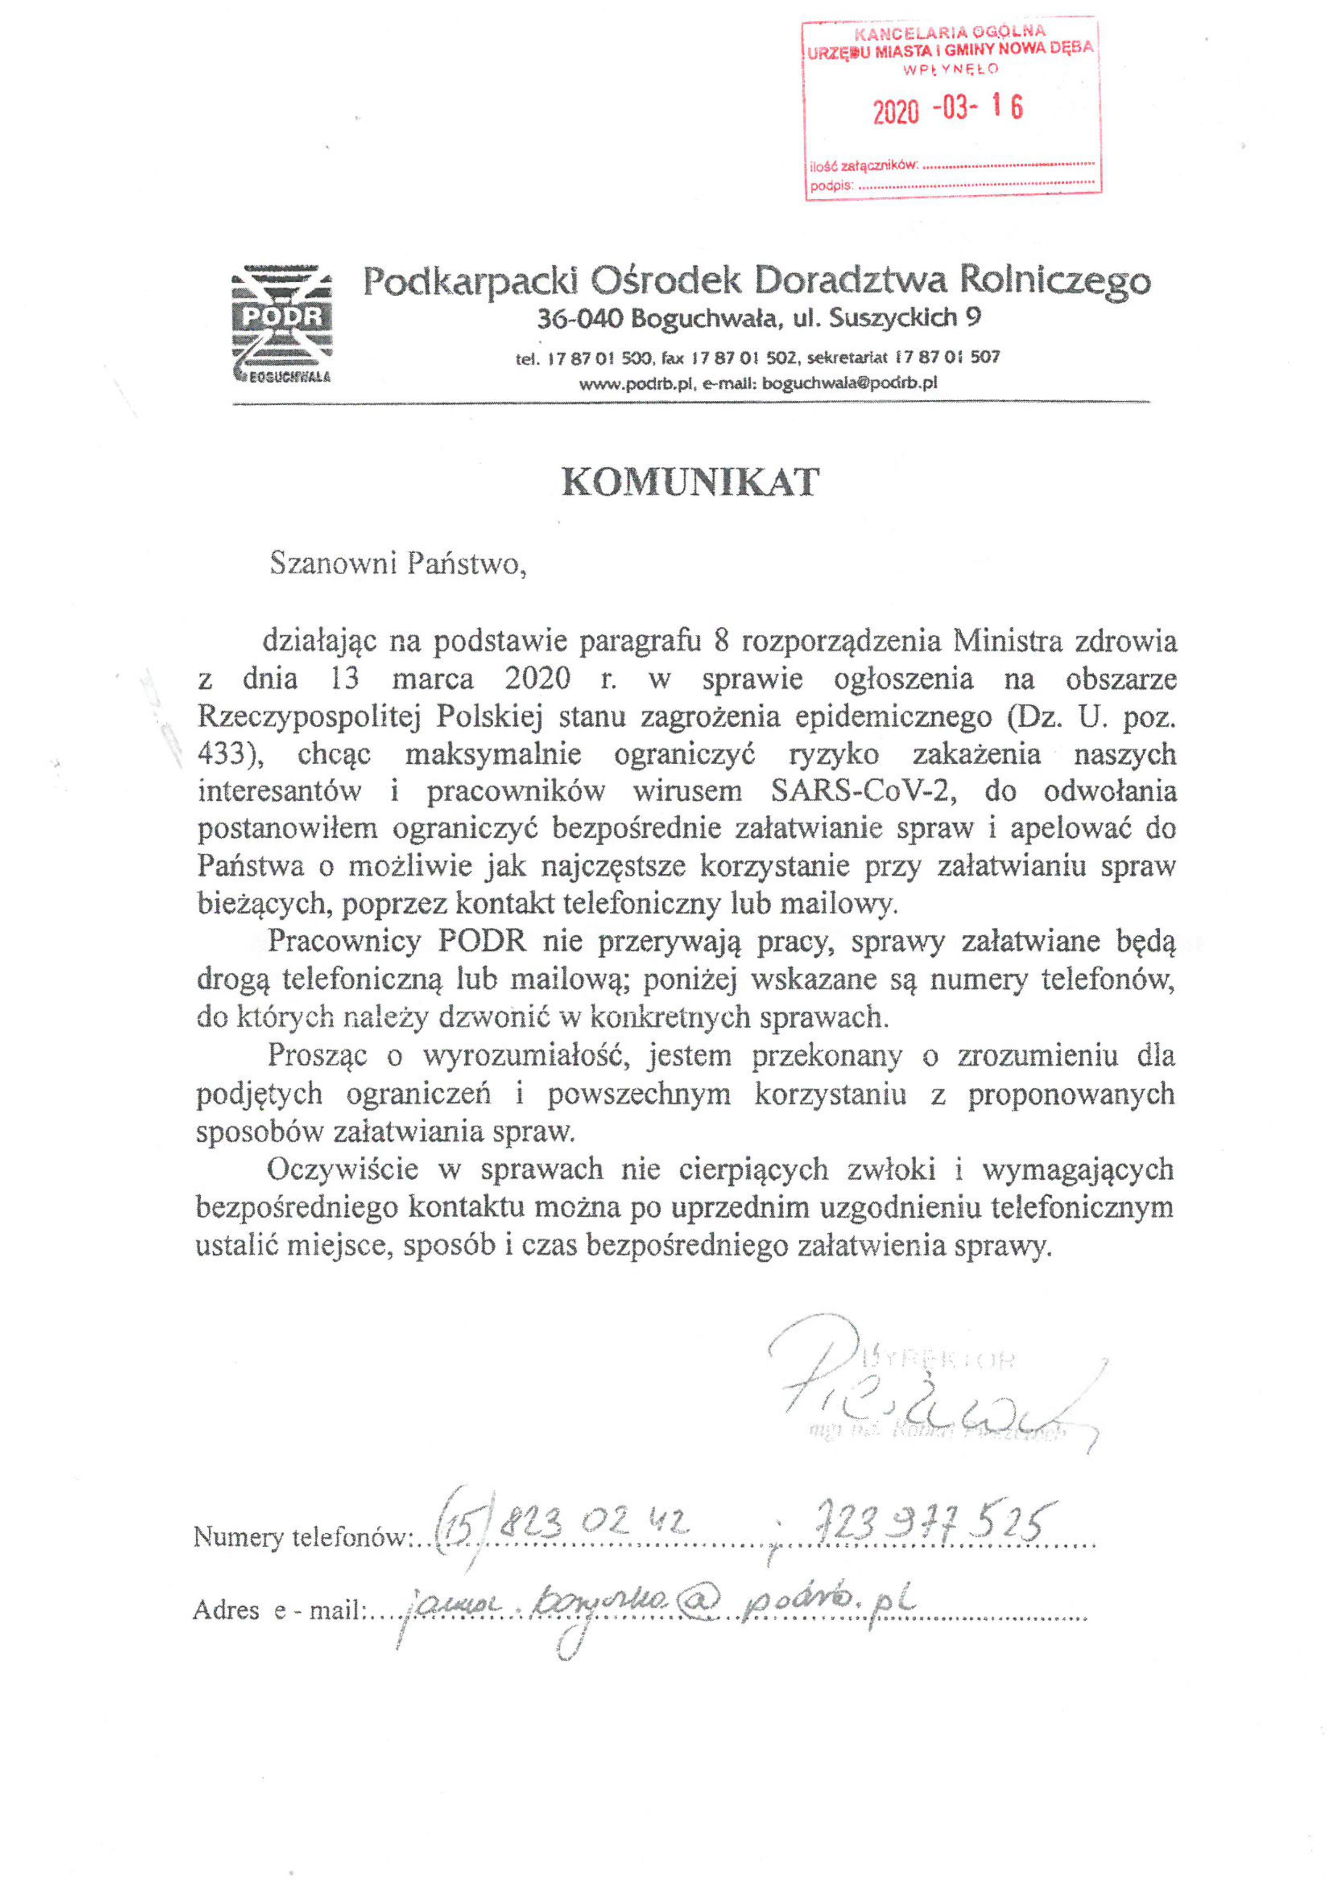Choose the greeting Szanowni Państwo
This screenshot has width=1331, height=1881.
click(x=398, y=564)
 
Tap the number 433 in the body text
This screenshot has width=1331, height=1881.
click(x=221, y=753)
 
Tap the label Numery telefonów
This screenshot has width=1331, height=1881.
click(x=300, y=1537)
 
